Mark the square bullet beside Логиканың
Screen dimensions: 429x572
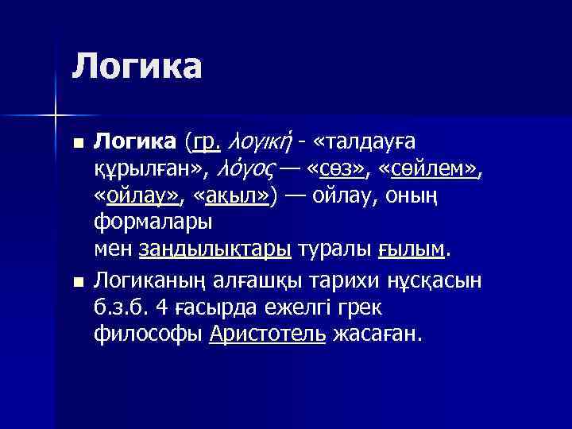coord(76,280)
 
